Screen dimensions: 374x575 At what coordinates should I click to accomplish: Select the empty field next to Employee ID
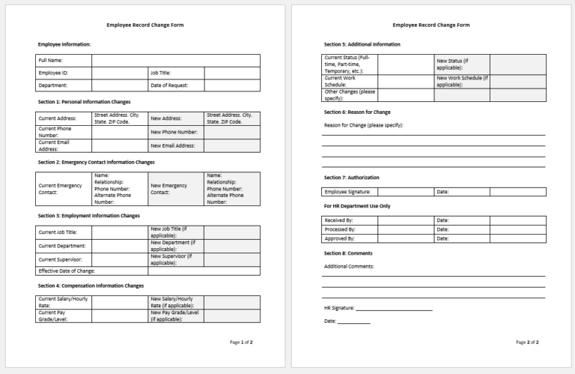click(120, 73)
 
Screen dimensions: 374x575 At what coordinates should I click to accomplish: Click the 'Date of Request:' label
click(169, 85)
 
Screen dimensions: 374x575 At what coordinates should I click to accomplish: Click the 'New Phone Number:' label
click(174, 132)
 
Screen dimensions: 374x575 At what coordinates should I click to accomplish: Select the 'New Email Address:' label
click(174, 145)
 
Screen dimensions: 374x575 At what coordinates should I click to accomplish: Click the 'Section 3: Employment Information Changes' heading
click(88, 216)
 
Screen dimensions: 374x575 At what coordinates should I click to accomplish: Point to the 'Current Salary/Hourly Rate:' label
click(60, 302)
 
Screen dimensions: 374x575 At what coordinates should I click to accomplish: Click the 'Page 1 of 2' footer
click(241, 342)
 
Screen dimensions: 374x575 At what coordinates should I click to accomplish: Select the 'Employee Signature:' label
click(347, 192)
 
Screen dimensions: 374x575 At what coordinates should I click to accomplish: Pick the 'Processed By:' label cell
click(340, 229)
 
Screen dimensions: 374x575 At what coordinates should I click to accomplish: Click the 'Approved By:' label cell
click(340, 238)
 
